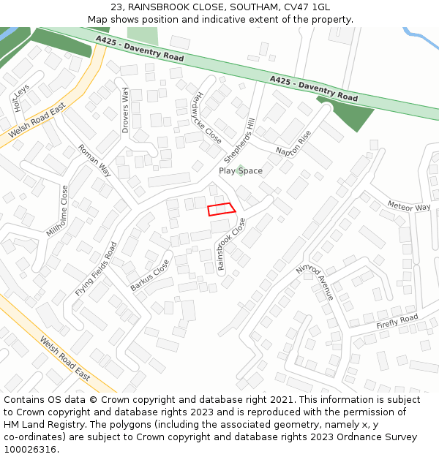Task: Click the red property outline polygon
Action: [x=221, y=209]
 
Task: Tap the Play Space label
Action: [x=241, y=171]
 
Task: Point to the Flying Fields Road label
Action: [x=96, y=269]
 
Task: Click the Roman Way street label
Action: [x=94, y=161]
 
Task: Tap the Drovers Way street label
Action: [x=125, y=110]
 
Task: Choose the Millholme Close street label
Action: [x=58, y=211]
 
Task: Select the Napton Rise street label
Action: [x=294, y=143]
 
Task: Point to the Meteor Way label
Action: [x=409, y=207]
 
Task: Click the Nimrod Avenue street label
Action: [x=315, y=282]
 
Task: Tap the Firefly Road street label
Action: [x=397, y=322]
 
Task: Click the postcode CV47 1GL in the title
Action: [x=310, y=7]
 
